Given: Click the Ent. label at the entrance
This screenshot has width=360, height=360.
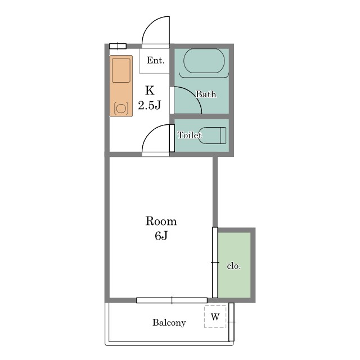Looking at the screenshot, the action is pyautogui.click(x=156, y=60).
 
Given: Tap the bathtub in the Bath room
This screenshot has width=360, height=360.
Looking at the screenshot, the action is pyautogui.click(x=204, y=61).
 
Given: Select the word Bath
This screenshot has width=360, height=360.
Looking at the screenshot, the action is pyautogui.click(x=206, y=94).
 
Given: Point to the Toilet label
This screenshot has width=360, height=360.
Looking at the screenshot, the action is pyautogui.click(x=190, y=135).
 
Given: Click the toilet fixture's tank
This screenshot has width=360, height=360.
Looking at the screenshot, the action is pyautogui.click(x=223, y=136).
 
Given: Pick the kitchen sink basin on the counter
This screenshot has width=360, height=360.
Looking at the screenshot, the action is pyautogui.click(x=121, y=70).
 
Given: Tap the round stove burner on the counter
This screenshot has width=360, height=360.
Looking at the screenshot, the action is pyautogui.click(x=121, y=109).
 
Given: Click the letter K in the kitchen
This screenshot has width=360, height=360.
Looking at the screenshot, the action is pyautogui.click(x=150, y=91).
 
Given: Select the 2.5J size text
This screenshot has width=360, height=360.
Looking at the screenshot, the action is pyautogui.click(x=150, y=105).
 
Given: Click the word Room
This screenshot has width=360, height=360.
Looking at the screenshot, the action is pyautogui.click(x=161, y=221).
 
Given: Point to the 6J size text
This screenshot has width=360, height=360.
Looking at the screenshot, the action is pyautogui.click(x=161, y=236).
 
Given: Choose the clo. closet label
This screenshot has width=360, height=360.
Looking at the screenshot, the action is pyautogui.click(x=234, y=266).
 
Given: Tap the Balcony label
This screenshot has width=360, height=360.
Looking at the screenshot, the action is pyautogui.click(x=169, y=322).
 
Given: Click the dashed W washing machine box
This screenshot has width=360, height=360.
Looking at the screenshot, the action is pyautogui.click(x=215, y=317).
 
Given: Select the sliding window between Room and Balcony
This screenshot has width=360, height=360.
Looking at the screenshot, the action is pyautogui.click(x=172, y=300).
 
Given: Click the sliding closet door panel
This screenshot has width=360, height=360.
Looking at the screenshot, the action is pyautogui.click(x=215, y=263).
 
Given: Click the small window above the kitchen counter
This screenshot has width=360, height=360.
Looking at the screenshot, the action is pyautogui.click(x=118, y=46).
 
